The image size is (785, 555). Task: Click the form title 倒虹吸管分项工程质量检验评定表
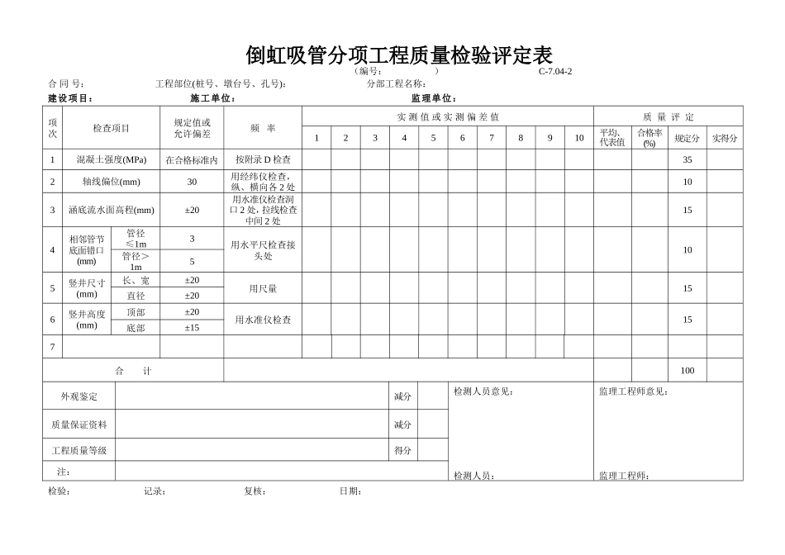click(x=399, y=55)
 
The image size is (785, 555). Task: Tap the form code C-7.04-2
click(x=555, y=71)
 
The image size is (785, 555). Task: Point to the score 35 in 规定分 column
click(x=687, y=159)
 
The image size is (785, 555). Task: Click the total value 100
click(x=687, y=371)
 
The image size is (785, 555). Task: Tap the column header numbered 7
click(x=491, y=138)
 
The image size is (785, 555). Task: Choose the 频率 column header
click(x=263, y=128)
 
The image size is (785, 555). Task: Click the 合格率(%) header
click(x=649, y=138)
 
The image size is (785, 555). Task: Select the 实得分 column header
click(x=725, y=138)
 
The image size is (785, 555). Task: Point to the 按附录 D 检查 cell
click(x=263, y=159)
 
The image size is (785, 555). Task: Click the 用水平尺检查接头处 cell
click(x=263, y=250)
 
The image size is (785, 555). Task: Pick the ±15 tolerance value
click(x=192, y=328)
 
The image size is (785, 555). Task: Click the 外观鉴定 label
click(x=79, y=396)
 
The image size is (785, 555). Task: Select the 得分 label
click(x=402, y=451)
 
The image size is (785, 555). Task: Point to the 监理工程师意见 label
click(x=634, y=391)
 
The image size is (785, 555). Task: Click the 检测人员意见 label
click(x=483, y=391)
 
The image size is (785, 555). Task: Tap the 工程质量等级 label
click(x=79, y=451)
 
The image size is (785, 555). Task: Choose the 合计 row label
click(x=133, y=371)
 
